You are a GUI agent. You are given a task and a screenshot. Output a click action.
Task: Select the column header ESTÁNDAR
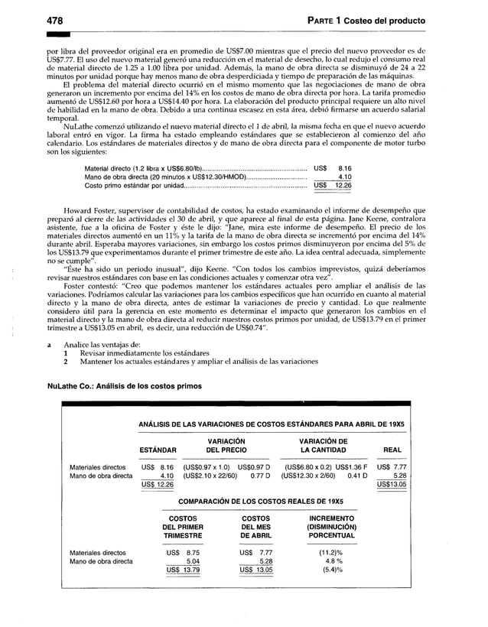(158, 450)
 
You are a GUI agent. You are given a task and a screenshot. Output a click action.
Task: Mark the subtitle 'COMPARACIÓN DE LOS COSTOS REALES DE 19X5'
(261, 501)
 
